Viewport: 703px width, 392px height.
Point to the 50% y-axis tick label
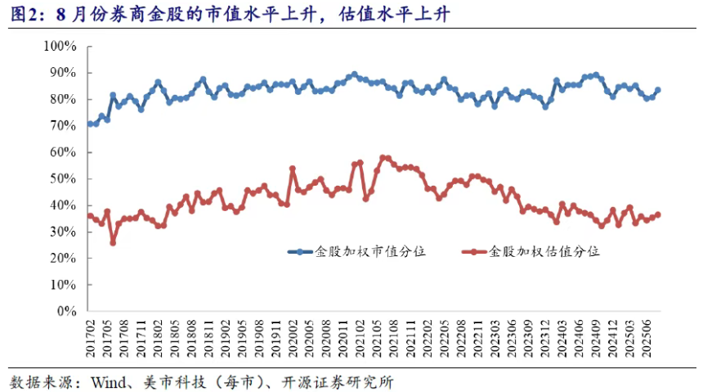click(60, 179)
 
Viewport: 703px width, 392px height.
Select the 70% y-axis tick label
click(60, 126)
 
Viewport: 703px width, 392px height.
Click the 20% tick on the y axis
click(60, 259)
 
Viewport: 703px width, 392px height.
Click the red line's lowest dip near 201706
click(113, 243)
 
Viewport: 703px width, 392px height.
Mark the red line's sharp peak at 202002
click(293, 169)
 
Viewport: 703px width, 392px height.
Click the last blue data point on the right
click(658, 90)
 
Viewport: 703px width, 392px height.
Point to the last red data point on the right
click(658, 215)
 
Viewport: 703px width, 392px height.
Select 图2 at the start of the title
click(24, 15)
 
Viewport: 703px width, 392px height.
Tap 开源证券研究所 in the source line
click(336, 382)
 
